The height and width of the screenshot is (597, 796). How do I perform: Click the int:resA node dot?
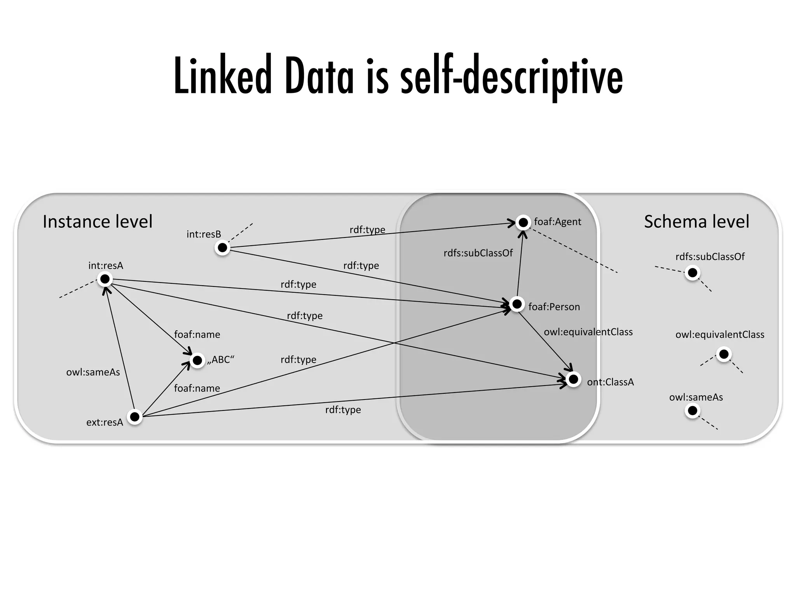point(105,279)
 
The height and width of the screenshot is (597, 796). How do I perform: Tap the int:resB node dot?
point(222,248)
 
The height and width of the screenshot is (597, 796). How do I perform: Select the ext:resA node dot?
point(134,417)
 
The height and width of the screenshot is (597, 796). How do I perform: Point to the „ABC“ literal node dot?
point(197,361)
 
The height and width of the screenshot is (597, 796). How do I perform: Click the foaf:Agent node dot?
point(523,222)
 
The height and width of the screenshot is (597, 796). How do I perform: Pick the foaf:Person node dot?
point(517,304)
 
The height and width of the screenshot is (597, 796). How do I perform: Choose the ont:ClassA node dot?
point(573,379)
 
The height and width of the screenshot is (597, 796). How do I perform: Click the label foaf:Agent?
point(557,222)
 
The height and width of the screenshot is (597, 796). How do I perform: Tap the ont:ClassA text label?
point(610,382)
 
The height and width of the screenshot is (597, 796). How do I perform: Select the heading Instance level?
point(98,222)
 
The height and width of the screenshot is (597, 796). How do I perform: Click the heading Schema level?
point(696,222)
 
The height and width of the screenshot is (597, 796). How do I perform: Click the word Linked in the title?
point(222,77)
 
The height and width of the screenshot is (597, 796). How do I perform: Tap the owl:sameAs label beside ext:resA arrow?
point(93,372)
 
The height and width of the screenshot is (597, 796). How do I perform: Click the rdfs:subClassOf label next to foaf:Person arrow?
point(478,253)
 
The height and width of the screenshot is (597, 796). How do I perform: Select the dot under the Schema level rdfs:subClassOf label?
point(692,273)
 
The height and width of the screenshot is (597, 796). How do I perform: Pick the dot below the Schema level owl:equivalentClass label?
point(724,354)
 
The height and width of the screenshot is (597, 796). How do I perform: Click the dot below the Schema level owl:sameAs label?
point(692,411)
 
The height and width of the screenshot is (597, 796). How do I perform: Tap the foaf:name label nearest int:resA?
point(197,335)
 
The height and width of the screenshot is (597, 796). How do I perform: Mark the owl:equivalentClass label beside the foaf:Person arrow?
point(588,332)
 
